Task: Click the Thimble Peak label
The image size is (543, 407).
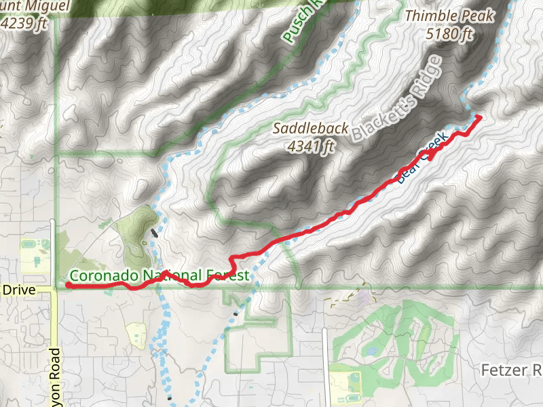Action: click(449, 16)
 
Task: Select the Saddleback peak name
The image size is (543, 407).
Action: click(311, 128)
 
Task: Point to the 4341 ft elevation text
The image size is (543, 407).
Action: click(312, 145)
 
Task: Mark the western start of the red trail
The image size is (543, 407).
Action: click(69, 286)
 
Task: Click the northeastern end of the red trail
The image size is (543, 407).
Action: click(479, 117)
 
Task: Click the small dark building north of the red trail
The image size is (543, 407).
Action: click(155, 233)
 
